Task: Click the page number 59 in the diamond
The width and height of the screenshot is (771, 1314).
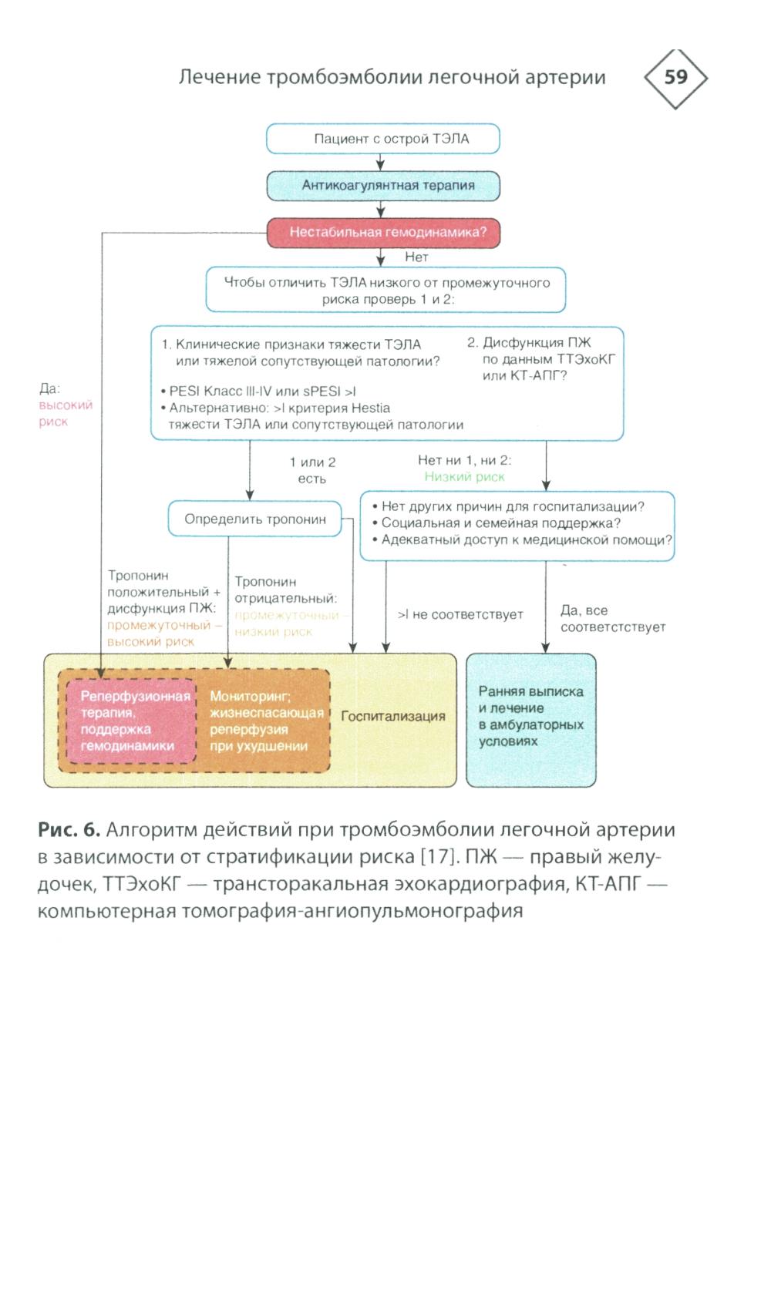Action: click(x=675, y=77)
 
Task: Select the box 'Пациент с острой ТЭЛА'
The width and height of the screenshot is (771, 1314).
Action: click(x=383, y=139)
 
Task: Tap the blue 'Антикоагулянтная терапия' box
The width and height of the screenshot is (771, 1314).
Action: click(x=383, y=186)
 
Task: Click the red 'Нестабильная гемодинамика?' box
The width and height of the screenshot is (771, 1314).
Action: click(x=383, y=232)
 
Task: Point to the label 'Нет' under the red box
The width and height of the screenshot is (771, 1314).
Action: click(x=416, y=257)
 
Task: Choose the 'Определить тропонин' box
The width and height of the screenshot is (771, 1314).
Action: click(x=254, y=519)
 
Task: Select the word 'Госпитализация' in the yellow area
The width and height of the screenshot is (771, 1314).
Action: click(x=393, y=716)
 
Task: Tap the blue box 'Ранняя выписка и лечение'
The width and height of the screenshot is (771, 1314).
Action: click(x=530, y=717)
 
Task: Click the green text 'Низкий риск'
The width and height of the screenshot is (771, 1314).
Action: click(x=464, y=477)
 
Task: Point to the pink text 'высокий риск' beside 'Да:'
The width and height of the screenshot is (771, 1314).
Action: click(x=66, y=413)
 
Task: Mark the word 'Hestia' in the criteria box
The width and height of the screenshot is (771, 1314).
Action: click(x=371, y=408)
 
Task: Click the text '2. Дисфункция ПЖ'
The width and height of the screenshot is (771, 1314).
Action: click(x=529, y=342)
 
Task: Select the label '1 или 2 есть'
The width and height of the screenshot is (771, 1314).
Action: click(x=312, y=470)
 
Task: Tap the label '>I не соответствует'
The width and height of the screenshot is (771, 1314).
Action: click(x=460, y=614)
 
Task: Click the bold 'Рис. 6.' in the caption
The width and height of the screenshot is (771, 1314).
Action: click(x=69, y=830)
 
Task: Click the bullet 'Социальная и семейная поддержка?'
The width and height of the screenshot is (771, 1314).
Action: click(x=500, y=523)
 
